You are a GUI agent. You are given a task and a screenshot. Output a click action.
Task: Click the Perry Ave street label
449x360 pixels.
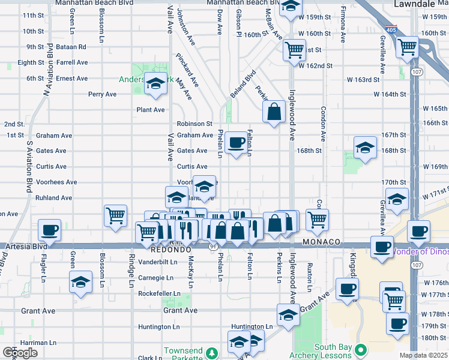coord(102,94)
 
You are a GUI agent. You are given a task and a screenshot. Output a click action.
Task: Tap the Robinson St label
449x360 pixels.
coord(194,124)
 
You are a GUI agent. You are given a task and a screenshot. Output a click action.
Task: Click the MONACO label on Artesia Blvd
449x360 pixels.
coord(322,242)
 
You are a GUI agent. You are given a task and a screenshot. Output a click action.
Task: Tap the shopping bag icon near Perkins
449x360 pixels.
coord(274,112)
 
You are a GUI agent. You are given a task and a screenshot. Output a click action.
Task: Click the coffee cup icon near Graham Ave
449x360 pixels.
coord(237,143)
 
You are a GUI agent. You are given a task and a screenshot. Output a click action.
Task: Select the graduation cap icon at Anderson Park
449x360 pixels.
coord(155,83)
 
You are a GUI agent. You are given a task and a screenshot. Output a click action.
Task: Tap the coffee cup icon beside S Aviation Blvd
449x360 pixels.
coord(49,230)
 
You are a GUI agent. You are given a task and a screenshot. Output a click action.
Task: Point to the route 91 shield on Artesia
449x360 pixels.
coord(213,246)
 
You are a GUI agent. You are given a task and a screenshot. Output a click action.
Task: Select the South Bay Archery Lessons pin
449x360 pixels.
coord(361,349)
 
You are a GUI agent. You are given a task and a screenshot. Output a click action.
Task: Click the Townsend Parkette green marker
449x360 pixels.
coord(211,352)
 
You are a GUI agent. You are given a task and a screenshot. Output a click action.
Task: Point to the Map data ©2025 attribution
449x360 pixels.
coord(423,355)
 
